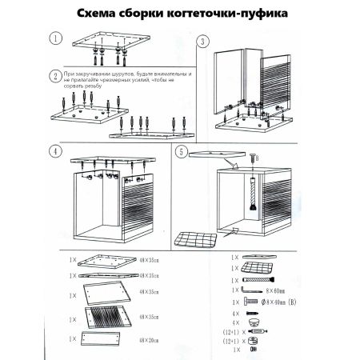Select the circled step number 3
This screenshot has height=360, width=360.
(203, 41)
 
